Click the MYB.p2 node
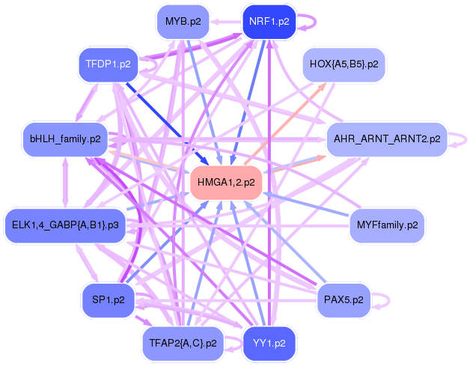click(x=183, y=22)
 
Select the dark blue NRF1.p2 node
click(x=269, y=22)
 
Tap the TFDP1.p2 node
click(x=108, y=64)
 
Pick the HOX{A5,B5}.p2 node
click(x=344, y=64)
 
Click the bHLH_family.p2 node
click(x=65, y=139)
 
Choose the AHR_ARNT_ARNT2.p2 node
click(x=387, y=139)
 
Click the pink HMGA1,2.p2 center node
click(x=226, y=182)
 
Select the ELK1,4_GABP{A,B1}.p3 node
click(x=65, y=225)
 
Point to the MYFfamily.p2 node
click(x=387, y=225)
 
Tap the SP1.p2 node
click(x=108, y=299)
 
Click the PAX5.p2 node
click(x=344, y=299)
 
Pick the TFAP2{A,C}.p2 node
click(x=183, y=343)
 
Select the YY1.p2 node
click(x=269, y=343)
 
